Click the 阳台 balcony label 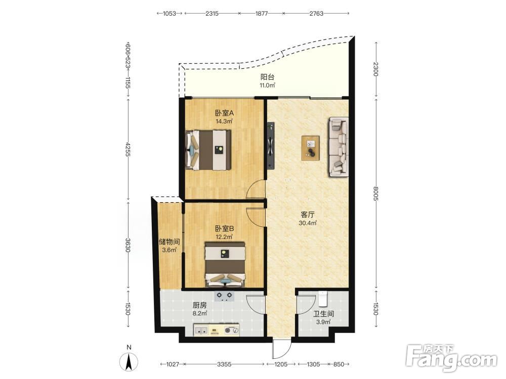point(268,77)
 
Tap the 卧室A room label point(224,113)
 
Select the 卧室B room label point(224,228)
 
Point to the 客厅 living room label point(308,215)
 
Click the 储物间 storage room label point(170,242)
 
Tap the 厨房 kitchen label point(199,305)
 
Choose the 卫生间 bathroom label point(323,314)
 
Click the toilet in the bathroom point(323,299)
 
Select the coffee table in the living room point(311,148)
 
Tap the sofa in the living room point(339,147)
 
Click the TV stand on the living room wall point(270,146)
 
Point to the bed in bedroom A point(208,150)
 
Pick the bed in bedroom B point(225,264)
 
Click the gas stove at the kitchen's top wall point(224,296)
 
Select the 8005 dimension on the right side point(375,194)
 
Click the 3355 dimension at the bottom point(224,364)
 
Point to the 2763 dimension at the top point(316,14)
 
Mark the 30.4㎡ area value point(308,223)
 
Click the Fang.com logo point(451,358)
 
